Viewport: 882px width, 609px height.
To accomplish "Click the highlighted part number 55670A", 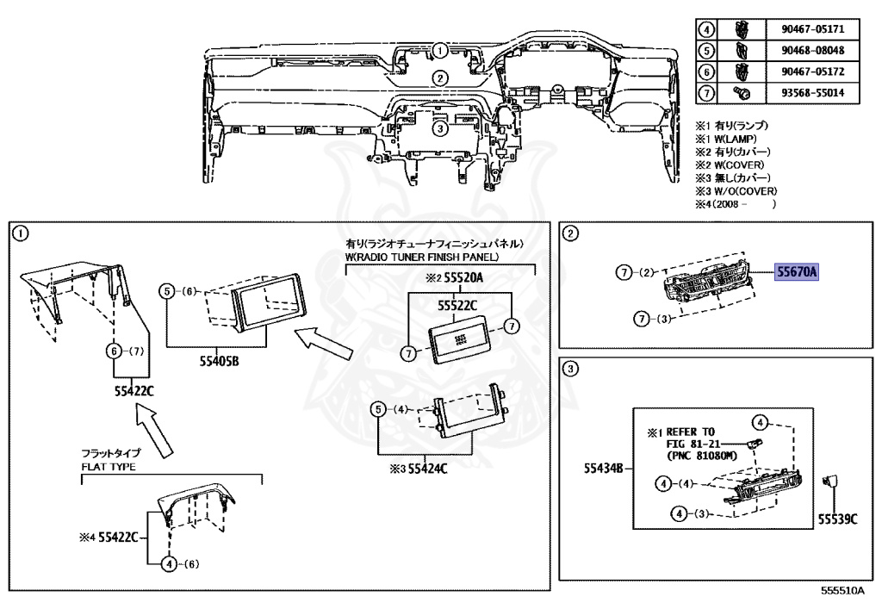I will [797, 273].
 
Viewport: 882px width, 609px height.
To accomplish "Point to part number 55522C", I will [457, 304].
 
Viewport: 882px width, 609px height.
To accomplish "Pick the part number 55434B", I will [604, 469].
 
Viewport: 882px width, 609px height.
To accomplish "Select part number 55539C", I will [837, 519].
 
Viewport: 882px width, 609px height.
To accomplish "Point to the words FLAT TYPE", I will [109, 467].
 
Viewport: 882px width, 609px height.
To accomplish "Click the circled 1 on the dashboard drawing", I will [439, 49].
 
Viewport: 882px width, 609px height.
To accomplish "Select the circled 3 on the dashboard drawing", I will [439, 128].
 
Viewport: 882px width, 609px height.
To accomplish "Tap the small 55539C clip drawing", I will [832, 483].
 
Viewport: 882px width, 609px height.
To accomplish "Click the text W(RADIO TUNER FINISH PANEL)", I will [422, 257].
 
